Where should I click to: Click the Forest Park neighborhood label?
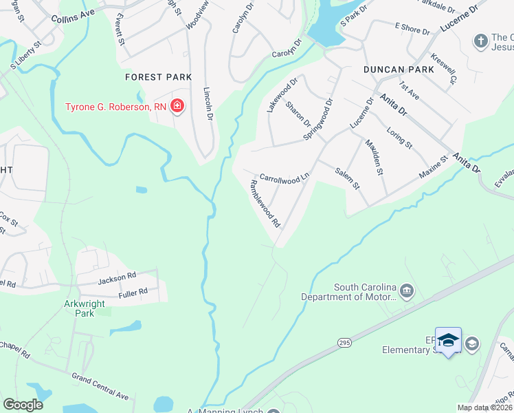[158, 77]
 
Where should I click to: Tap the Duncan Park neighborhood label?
[399, 70]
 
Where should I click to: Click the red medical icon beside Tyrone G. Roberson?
[177, 106]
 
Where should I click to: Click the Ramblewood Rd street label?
[266, 204]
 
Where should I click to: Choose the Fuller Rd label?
[133, 292]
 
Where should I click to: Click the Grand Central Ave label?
[101, 386]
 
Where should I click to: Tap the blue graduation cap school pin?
[448, 341]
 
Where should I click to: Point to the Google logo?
[23, 405]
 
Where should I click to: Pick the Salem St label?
[347, 178]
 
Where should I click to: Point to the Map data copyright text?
[484, 407]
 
